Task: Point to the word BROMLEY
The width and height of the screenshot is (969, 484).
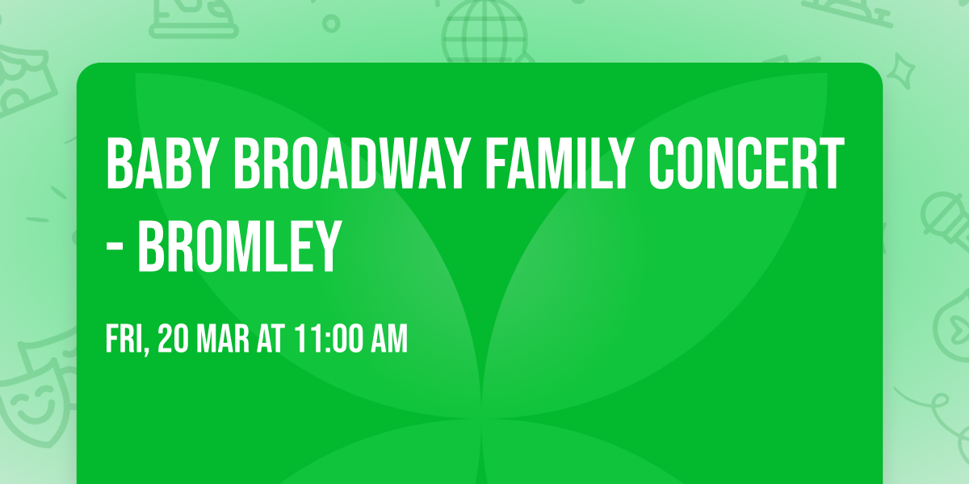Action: (x=237, y=248)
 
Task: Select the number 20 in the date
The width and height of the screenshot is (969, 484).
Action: (x=173, y=339)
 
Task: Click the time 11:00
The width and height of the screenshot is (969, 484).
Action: (x=327, y=339)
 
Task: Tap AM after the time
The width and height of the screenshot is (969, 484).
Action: (x=388, y=339)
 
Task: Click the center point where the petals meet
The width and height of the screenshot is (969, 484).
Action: (x=483, y=418)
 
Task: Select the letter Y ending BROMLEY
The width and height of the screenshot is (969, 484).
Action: (x=324, y=248)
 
